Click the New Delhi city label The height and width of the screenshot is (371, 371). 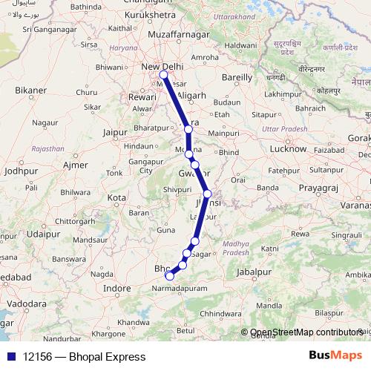click(x=161, y=67)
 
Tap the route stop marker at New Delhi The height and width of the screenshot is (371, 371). click(x=163, y=74)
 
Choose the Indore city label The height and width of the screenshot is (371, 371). click(x=116, y=287)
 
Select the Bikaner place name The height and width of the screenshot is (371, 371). click(x=30, y=91)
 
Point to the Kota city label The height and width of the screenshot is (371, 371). click(x=116, y=198)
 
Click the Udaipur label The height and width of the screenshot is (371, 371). click(x=43, y=233)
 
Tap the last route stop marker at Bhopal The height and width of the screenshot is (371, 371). click(x=169, y=276)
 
